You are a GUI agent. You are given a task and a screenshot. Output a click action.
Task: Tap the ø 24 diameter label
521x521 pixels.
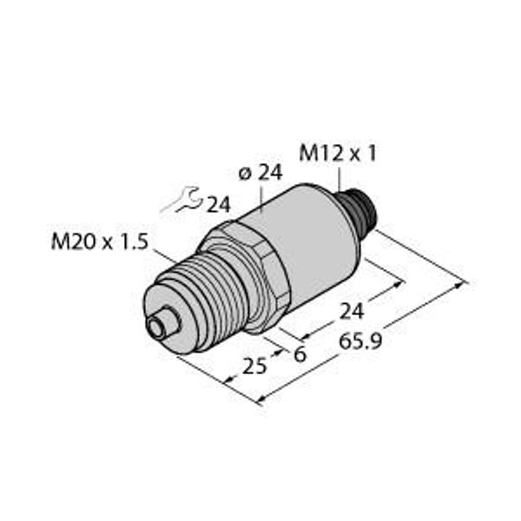pyautogui.click(x=259, y=173)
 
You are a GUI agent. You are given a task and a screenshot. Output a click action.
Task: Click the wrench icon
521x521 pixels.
pyautogui.click(x=184, y=201)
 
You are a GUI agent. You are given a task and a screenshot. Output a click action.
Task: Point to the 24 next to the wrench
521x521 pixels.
pyautogui.click(x=218, y=205)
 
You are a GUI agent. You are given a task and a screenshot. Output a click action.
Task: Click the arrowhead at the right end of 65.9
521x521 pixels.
pyautogui.click(x=465, y=282)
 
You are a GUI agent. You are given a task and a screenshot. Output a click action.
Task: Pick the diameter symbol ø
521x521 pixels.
pyautogui.click(x=244, y=174)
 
